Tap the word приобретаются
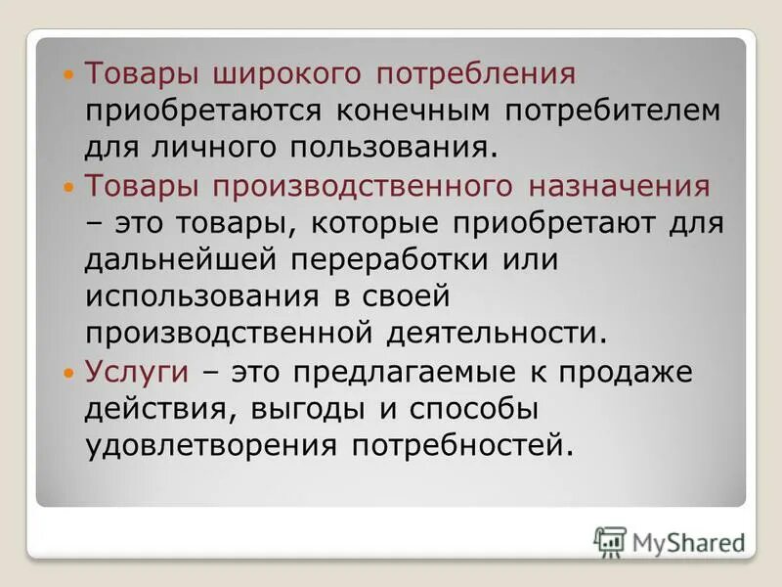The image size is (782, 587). click(x=203, y=110)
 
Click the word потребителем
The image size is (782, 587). click(x=613, y=110)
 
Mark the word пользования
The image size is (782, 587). click(x=395, y=147)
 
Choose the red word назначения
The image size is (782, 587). click(x=627, y=185)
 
